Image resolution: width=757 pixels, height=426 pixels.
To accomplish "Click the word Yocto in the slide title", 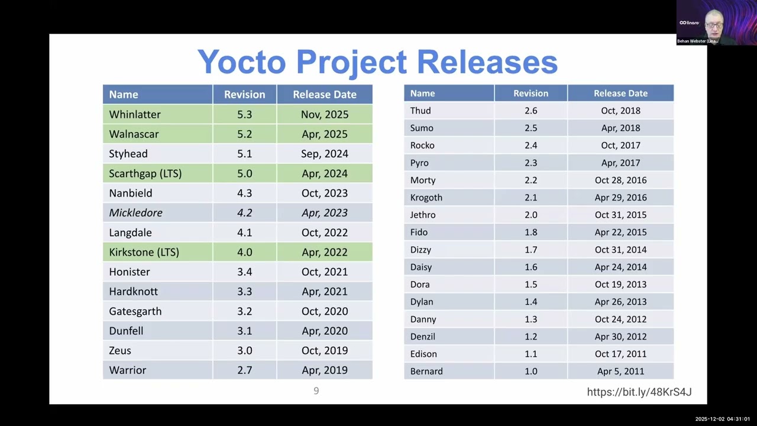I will (x=242, y=62).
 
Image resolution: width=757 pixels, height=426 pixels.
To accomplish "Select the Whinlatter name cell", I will (x=135, y=114).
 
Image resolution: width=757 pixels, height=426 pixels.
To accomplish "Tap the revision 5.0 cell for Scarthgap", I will (x=244, y=173).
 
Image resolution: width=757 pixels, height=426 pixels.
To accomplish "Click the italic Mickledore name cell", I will (x=135, y=212).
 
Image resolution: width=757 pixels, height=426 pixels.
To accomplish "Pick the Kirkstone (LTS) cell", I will (x=144, y=252).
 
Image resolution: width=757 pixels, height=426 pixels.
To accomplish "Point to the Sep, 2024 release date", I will (x=324, y=153).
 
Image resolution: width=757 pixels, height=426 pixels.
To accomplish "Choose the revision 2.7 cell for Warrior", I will (x=244, y=370).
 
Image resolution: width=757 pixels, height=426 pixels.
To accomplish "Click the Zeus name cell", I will (x=120, y=350).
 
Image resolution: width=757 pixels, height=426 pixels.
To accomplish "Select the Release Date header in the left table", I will (x=324, y=94).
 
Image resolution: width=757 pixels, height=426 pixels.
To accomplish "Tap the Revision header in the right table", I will (x=530, y=93).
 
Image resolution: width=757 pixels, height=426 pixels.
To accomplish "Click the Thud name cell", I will (x=420, y=111).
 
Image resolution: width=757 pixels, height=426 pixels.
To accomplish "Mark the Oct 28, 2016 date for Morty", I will (x=620, y=180).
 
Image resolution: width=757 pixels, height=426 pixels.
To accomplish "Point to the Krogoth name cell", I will (x=426, y=197).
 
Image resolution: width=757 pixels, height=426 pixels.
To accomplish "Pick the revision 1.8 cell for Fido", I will (x=530, y=232).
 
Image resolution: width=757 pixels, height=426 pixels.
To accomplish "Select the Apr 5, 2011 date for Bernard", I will (x=620, y=371).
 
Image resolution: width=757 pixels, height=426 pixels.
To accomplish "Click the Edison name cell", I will (x=423, y=354).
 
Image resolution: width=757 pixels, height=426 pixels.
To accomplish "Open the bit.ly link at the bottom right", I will (x=639, y=392).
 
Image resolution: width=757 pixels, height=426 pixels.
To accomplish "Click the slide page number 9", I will (x=316, y=390).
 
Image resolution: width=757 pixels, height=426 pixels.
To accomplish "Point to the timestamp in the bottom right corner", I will (x=722, y=419).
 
